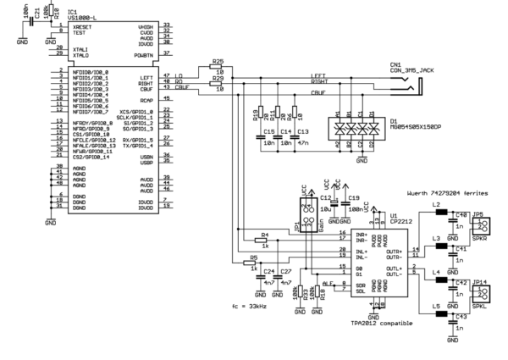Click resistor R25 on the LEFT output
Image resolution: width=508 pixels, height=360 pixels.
[218, 72]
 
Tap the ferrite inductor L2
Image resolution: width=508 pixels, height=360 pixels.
[441, 213]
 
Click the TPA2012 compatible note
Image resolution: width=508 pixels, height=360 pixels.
[375, 323]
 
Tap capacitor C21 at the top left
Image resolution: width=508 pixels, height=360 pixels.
[36, 17]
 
